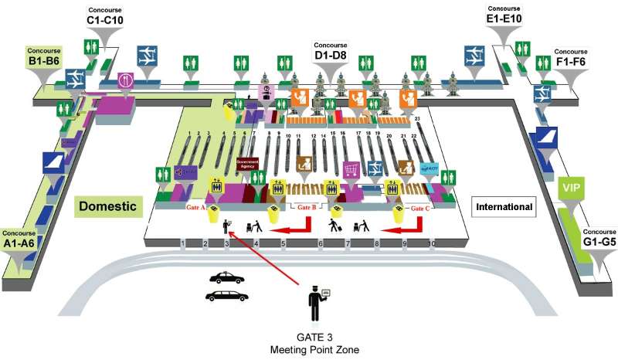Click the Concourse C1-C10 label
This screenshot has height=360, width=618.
coord(105,15)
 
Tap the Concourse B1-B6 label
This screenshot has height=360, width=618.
coord(45,55)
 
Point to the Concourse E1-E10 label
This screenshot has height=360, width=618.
coord(504,15)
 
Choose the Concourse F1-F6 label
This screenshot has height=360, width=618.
coord(571,56)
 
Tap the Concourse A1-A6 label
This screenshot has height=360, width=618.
coord(19,237)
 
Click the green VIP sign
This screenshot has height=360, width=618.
coord(571,188)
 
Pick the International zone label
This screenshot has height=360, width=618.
coord(504,207)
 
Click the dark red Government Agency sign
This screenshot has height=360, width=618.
coord(246,165)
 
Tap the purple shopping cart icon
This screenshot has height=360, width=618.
coord(351,168)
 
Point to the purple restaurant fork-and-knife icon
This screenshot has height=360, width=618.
coord(126,80)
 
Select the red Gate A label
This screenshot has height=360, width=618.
coord(192,208)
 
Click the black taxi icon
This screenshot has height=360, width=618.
coord(226,278)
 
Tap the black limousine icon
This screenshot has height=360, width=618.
coord(226,295)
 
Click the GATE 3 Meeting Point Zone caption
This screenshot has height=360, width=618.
coord(314,343)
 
